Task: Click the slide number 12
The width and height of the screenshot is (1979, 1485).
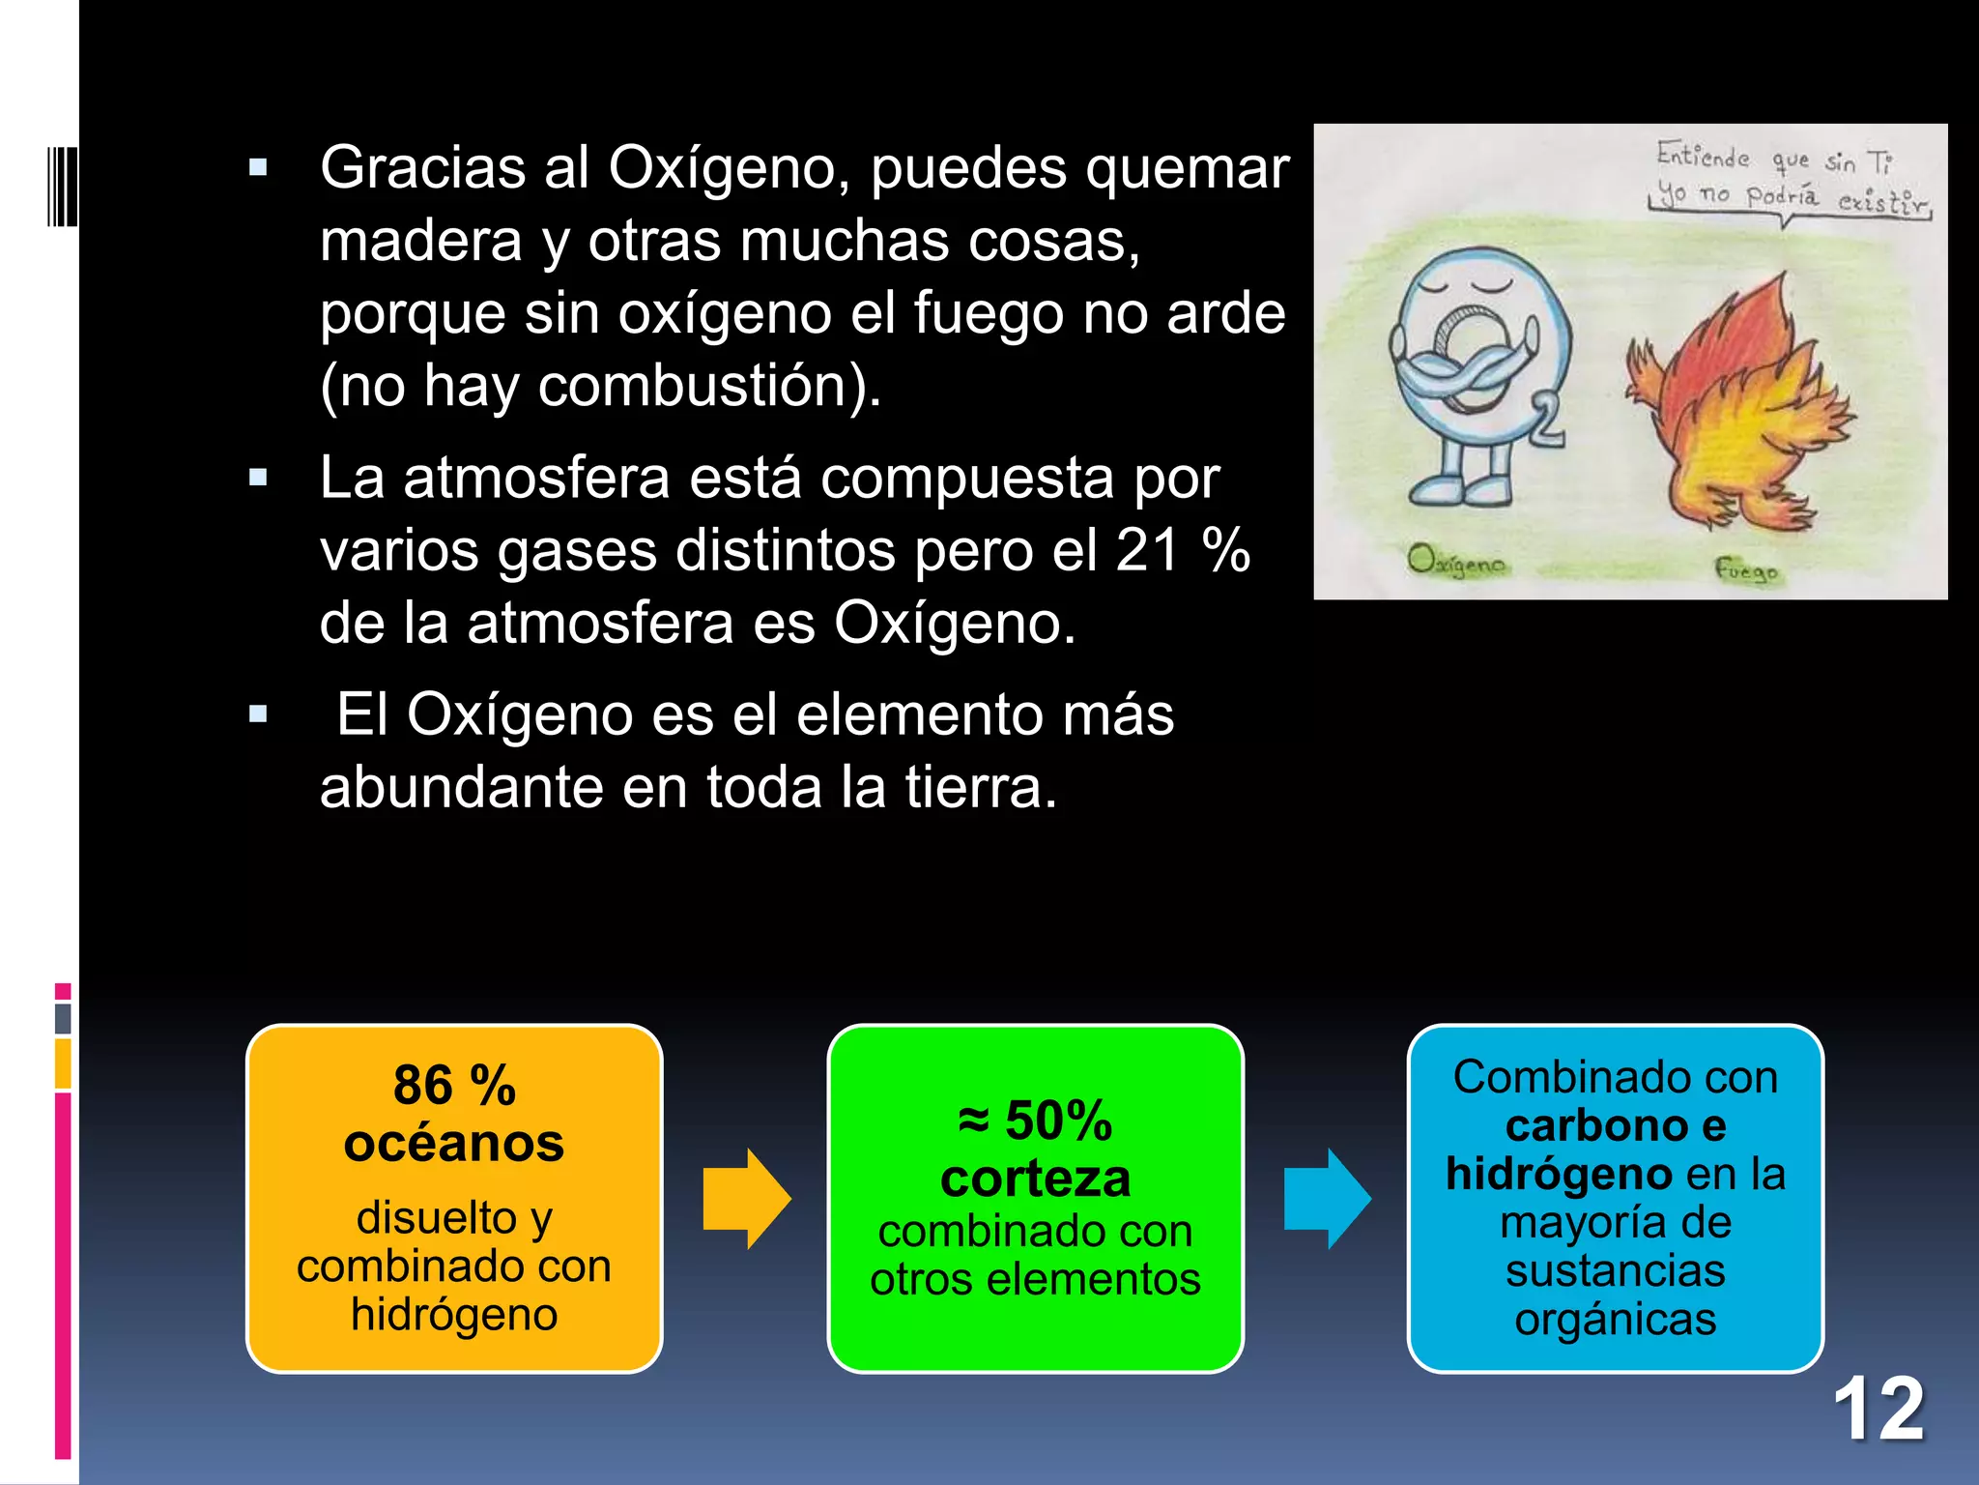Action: click(1878, 1410)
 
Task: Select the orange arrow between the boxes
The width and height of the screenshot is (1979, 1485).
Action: click(746, 1199)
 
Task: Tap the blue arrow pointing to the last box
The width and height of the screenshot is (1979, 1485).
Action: click(1327, 1199)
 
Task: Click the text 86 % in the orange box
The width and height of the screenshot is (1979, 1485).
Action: click(454, 1085)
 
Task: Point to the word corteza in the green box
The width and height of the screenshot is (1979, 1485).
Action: click(1035, 1179)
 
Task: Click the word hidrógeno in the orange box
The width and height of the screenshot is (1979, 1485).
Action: click(454, 1315)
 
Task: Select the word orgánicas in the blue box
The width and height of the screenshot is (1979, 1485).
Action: click(1615, 1319)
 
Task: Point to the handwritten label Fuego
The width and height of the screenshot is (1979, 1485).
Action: click(1746, 569)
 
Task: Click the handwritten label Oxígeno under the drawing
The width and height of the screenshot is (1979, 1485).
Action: click(1456, 562)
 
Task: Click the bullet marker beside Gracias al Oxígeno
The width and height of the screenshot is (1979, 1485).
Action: click(258, 168)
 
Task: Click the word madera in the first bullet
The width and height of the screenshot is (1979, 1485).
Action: click(421, 241)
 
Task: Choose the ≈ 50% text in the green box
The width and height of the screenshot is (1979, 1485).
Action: click(1035, 1121)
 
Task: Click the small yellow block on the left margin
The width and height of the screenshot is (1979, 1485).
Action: click(63, 1063)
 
